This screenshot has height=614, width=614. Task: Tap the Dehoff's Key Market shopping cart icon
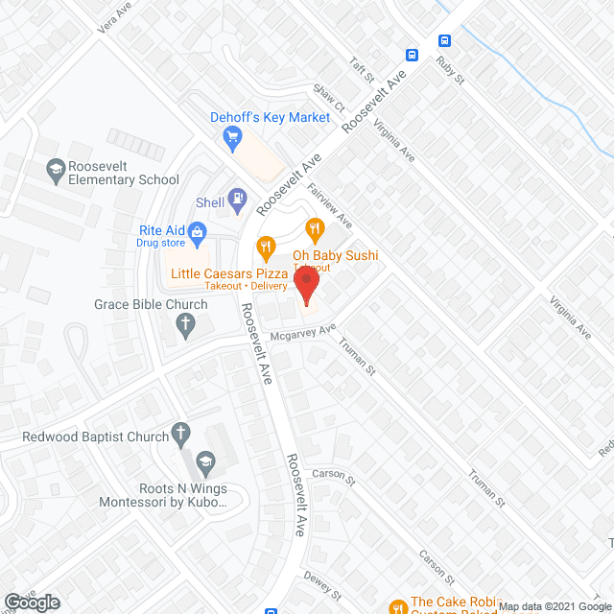[231, 139]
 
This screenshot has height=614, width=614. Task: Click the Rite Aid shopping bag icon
[198, 230]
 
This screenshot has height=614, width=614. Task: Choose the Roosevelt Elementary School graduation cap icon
[57, 170]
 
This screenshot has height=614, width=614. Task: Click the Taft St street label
[360, 68]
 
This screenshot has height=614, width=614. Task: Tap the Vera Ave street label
[113, 20]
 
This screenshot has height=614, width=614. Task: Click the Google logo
[31, 602]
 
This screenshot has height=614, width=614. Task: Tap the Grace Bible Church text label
[151, 305]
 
